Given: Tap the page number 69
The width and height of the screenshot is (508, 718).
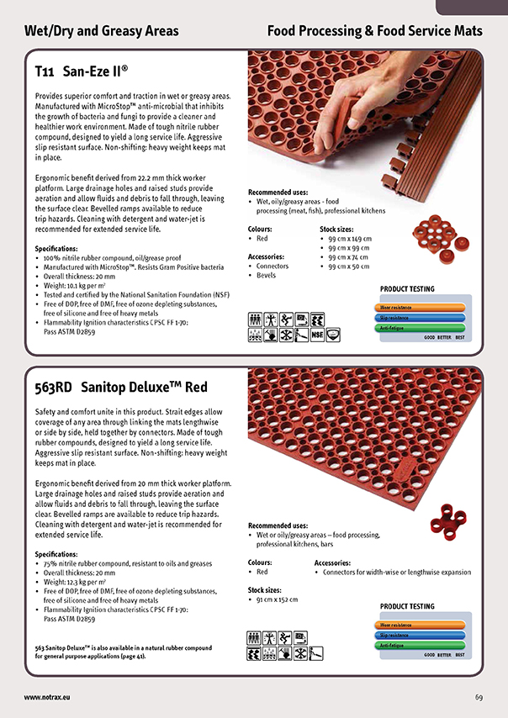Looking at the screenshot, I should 479,697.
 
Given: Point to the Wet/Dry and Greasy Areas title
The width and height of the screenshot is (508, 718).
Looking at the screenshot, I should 101,31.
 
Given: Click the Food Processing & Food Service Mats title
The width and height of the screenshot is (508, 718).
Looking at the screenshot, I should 374,31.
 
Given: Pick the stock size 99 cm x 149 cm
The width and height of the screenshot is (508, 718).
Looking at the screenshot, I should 350,239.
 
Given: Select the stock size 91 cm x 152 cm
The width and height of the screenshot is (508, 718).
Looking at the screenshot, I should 278,599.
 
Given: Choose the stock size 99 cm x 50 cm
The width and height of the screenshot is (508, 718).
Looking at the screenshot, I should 349,267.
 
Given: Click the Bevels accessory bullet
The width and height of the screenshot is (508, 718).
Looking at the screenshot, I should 266,275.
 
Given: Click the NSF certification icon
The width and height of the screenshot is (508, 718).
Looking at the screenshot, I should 317,335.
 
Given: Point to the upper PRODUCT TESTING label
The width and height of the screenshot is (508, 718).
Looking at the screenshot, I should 407,289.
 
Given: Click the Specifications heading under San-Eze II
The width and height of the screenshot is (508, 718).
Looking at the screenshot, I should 56,249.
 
